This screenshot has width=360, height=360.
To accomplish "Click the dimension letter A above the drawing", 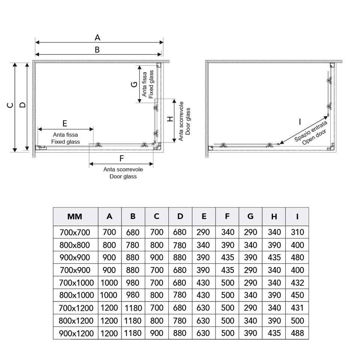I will click(97, 37).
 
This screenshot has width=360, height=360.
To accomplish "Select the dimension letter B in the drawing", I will click(97, 49).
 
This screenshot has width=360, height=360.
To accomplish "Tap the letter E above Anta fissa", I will click(65, 123).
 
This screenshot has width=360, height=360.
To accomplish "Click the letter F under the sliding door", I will click(121, 158).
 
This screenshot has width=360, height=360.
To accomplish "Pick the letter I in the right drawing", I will click(300, 121).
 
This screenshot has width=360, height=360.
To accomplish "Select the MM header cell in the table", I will click(75, 216).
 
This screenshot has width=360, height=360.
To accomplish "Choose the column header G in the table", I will click(250, 216).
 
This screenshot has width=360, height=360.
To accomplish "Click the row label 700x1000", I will click(75, 283).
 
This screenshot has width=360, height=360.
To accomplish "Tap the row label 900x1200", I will click(75, 333).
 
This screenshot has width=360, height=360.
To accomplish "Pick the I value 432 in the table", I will click(297, 283).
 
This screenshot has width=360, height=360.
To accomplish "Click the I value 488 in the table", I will click(297, 333).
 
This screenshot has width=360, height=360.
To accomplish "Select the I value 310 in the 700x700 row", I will click(297, 232).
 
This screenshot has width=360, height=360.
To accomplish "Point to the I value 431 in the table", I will click(297, 308).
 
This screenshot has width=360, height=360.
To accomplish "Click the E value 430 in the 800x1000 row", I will click(204, 295).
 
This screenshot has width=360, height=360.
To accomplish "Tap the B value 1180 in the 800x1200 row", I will click(133, 321).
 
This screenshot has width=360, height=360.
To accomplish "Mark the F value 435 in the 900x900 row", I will click(228, 258).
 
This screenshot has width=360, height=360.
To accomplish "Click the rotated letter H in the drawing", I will click(170, 119).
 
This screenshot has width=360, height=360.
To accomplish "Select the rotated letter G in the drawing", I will click(134, 84).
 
